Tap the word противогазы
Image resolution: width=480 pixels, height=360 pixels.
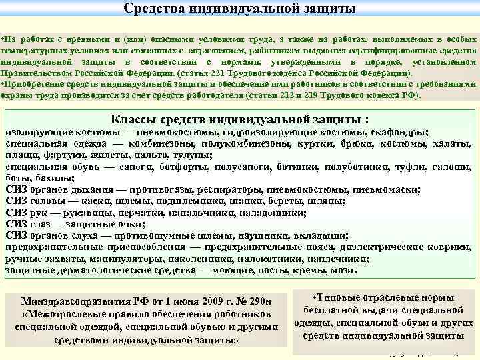161,189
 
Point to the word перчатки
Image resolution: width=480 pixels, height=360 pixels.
124,213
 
